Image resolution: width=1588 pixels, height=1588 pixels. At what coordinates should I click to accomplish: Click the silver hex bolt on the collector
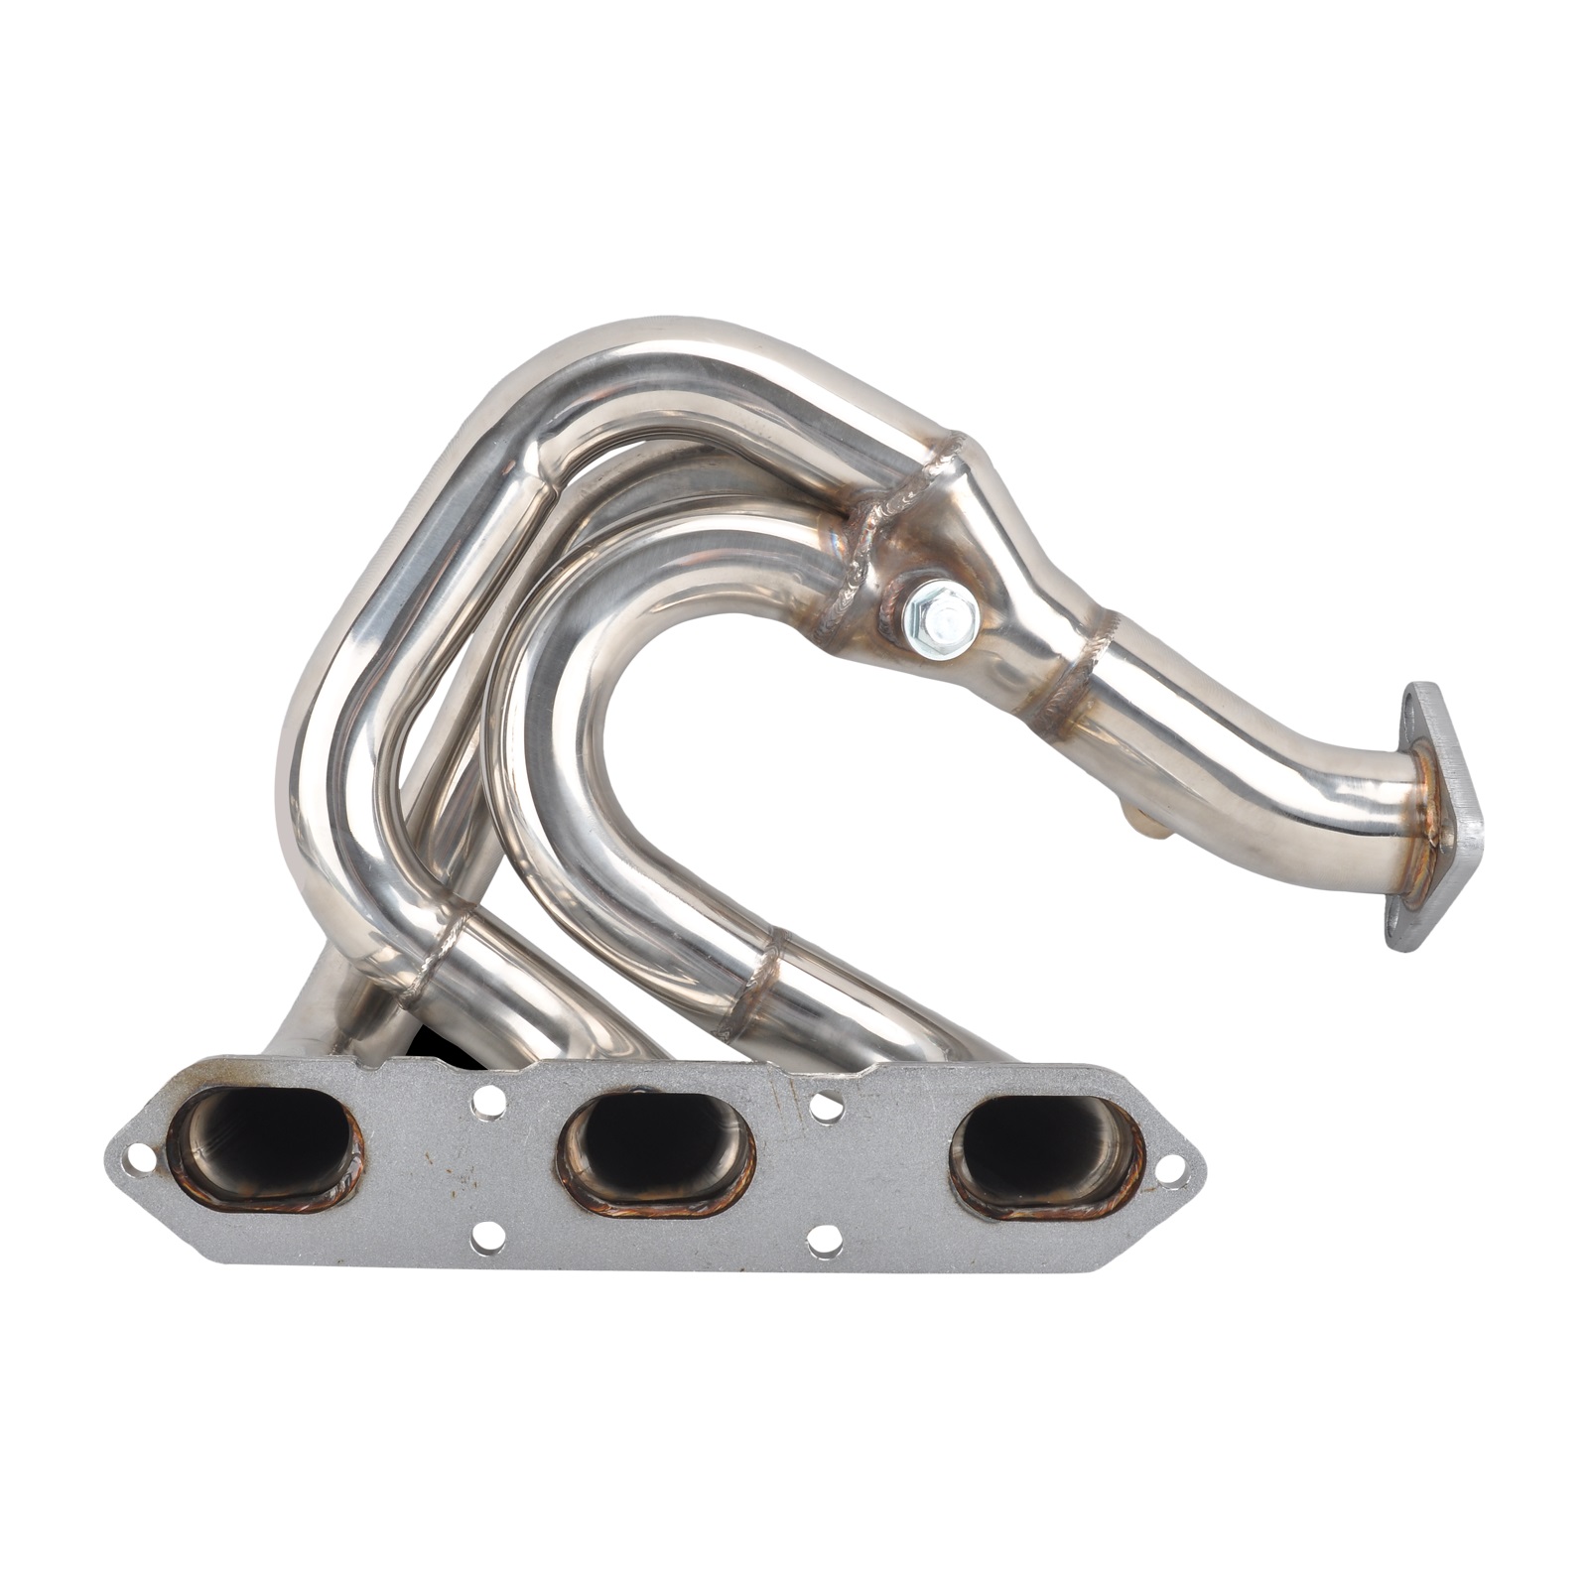(x=941, y=616)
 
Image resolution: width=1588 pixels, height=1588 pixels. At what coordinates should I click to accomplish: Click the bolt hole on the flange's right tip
(x=1172, y=1167)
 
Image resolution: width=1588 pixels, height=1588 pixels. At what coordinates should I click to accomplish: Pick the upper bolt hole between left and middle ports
(x=485, y=1100)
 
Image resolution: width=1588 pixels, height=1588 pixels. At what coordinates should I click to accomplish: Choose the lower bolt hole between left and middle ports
(x=485, y=1236)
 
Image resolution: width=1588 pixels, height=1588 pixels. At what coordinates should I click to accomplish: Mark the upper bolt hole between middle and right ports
(x=825, y=1103)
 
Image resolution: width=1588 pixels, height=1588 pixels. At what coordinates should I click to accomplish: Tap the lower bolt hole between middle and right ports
(x=824, y=1240)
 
